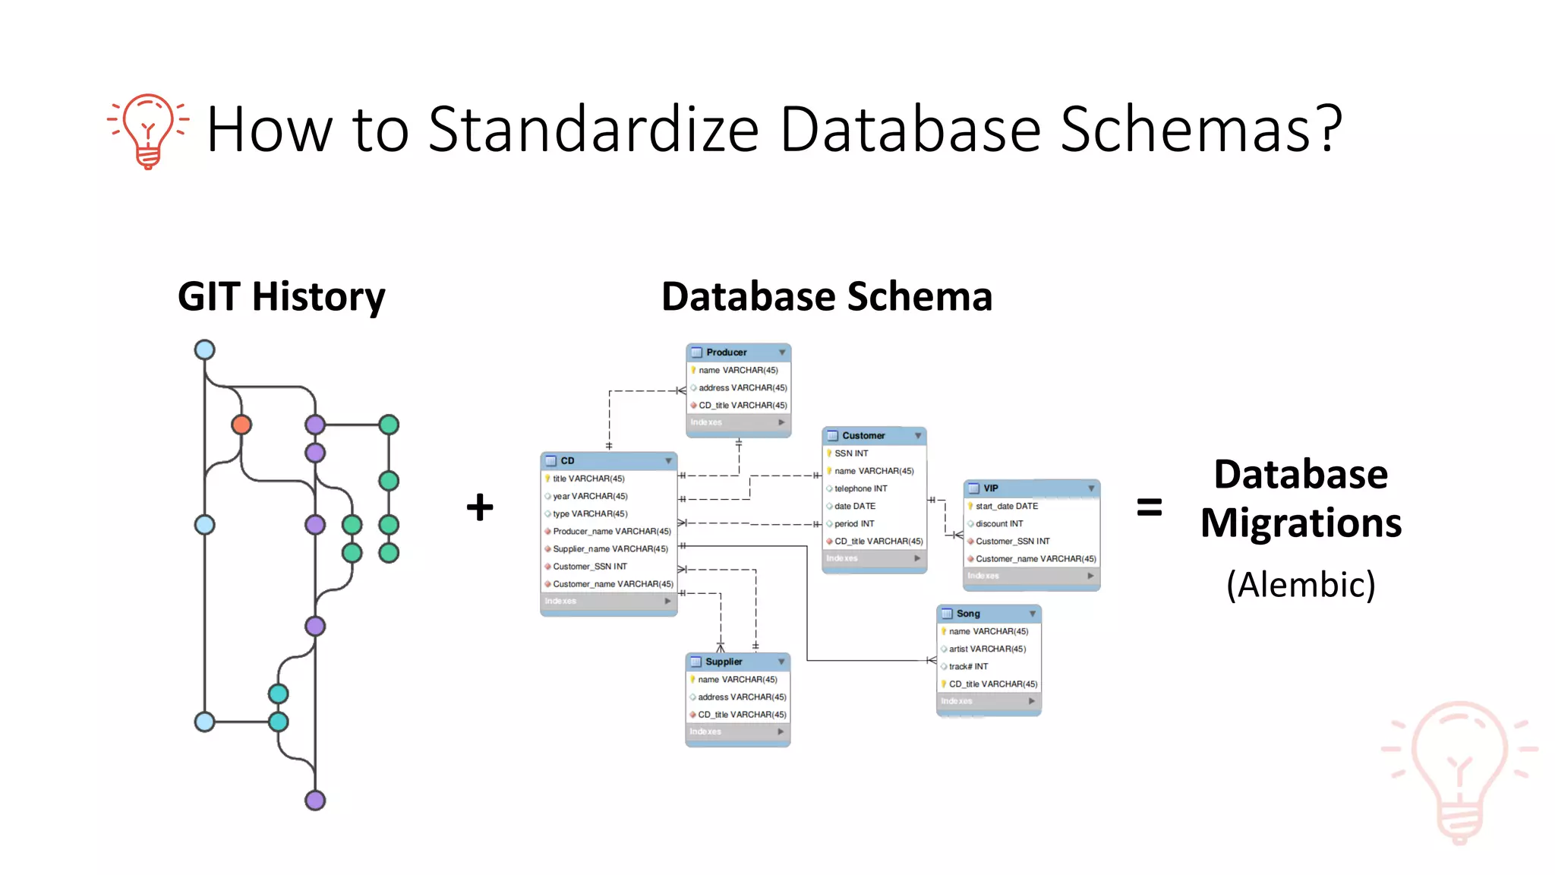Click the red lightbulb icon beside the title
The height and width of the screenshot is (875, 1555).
coord(149,130)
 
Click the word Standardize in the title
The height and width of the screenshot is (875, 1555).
coord(593,129)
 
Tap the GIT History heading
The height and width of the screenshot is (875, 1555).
coord(281,296)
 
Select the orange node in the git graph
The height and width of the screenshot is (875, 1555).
coord(241,425)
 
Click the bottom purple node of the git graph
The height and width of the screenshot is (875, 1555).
coord(315,800)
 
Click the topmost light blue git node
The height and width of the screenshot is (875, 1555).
coord(204,349)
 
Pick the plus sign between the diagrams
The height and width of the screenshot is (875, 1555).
coord(480,507)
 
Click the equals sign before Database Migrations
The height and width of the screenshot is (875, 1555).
coord(1149,507)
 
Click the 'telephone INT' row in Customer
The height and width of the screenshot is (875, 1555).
coord(860,488)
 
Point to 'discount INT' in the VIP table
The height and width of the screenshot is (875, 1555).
coord(999,523)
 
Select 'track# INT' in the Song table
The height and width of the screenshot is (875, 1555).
coord(968,666)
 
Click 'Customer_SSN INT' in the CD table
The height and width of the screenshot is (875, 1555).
coord(590,567)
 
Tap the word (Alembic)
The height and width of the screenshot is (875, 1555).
coord(1301,584)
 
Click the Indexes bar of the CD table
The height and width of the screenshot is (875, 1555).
coord(607,601)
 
